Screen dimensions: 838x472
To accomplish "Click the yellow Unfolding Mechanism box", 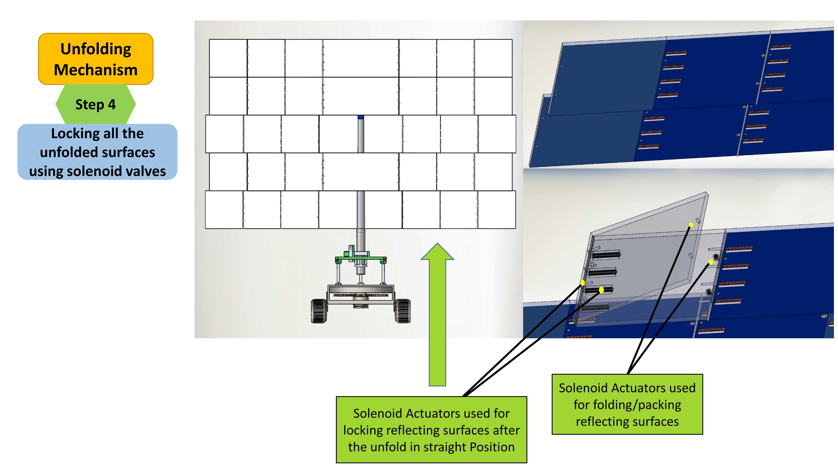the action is [96, 59].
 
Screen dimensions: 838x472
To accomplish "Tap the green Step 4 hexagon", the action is [96, 104].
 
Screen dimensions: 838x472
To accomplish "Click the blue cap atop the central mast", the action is [360, 117].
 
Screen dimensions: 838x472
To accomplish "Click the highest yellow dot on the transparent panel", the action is [691, 225].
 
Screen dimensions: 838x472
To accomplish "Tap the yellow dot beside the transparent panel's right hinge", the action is [711, 262].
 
